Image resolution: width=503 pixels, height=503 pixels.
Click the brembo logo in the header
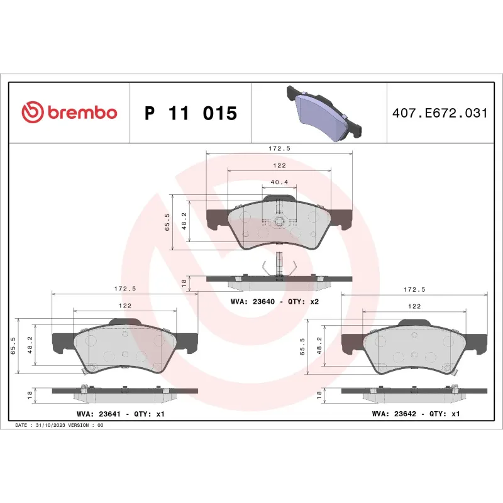(x=69, y=113)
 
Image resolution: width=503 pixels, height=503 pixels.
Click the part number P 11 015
(x=191, y=113)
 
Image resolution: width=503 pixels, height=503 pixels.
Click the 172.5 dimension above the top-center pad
(x=279, y=148)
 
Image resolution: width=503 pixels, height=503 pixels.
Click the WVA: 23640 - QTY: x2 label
(x=275, y=302)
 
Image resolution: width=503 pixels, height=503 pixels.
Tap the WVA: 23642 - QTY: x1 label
(x=416, y=414)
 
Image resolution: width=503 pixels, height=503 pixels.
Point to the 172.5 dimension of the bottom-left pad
(x=124, y=289)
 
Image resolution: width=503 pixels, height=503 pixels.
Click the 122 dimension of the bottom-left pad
(x=124, y=305)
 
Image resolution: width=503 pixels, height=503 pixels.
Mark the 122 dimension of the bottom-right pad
(x=414, y=306)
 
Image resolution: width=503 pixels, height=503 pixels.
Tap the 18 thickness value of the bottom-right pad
(x=319, y=395)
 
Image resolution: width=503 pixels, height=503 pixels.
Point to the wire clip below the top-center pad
(x=279, y=263)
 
